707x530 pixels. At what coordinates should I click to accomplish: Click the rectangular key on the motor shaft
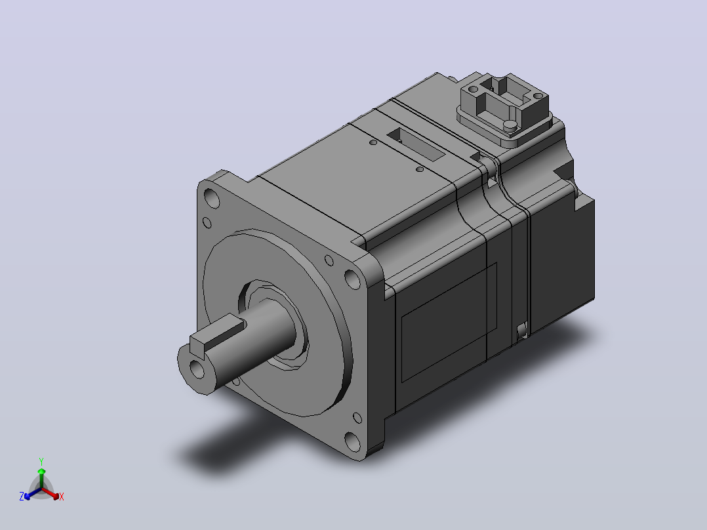point(217,335)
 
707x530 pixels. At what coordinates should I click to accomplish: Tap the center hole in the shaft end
point(197,368)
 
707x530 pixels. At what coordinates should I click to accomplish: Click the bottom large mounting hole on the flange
point(353,441)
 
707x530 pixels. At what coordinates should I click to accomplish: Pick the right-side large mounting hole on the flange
point(352,279)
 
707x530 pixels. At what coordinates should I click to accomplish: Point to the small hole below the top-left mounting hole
point(207,222)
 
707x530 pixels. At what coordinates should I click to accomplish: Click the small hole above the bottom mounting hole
point(357,418)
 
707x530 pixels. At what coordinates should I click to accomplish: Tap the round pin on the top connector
point(510,125)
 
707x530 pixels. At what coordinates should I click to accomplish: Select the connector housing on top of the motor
point(504,110)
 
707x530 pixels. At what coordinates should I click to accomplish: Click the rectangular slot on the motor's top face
point(416,144)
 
